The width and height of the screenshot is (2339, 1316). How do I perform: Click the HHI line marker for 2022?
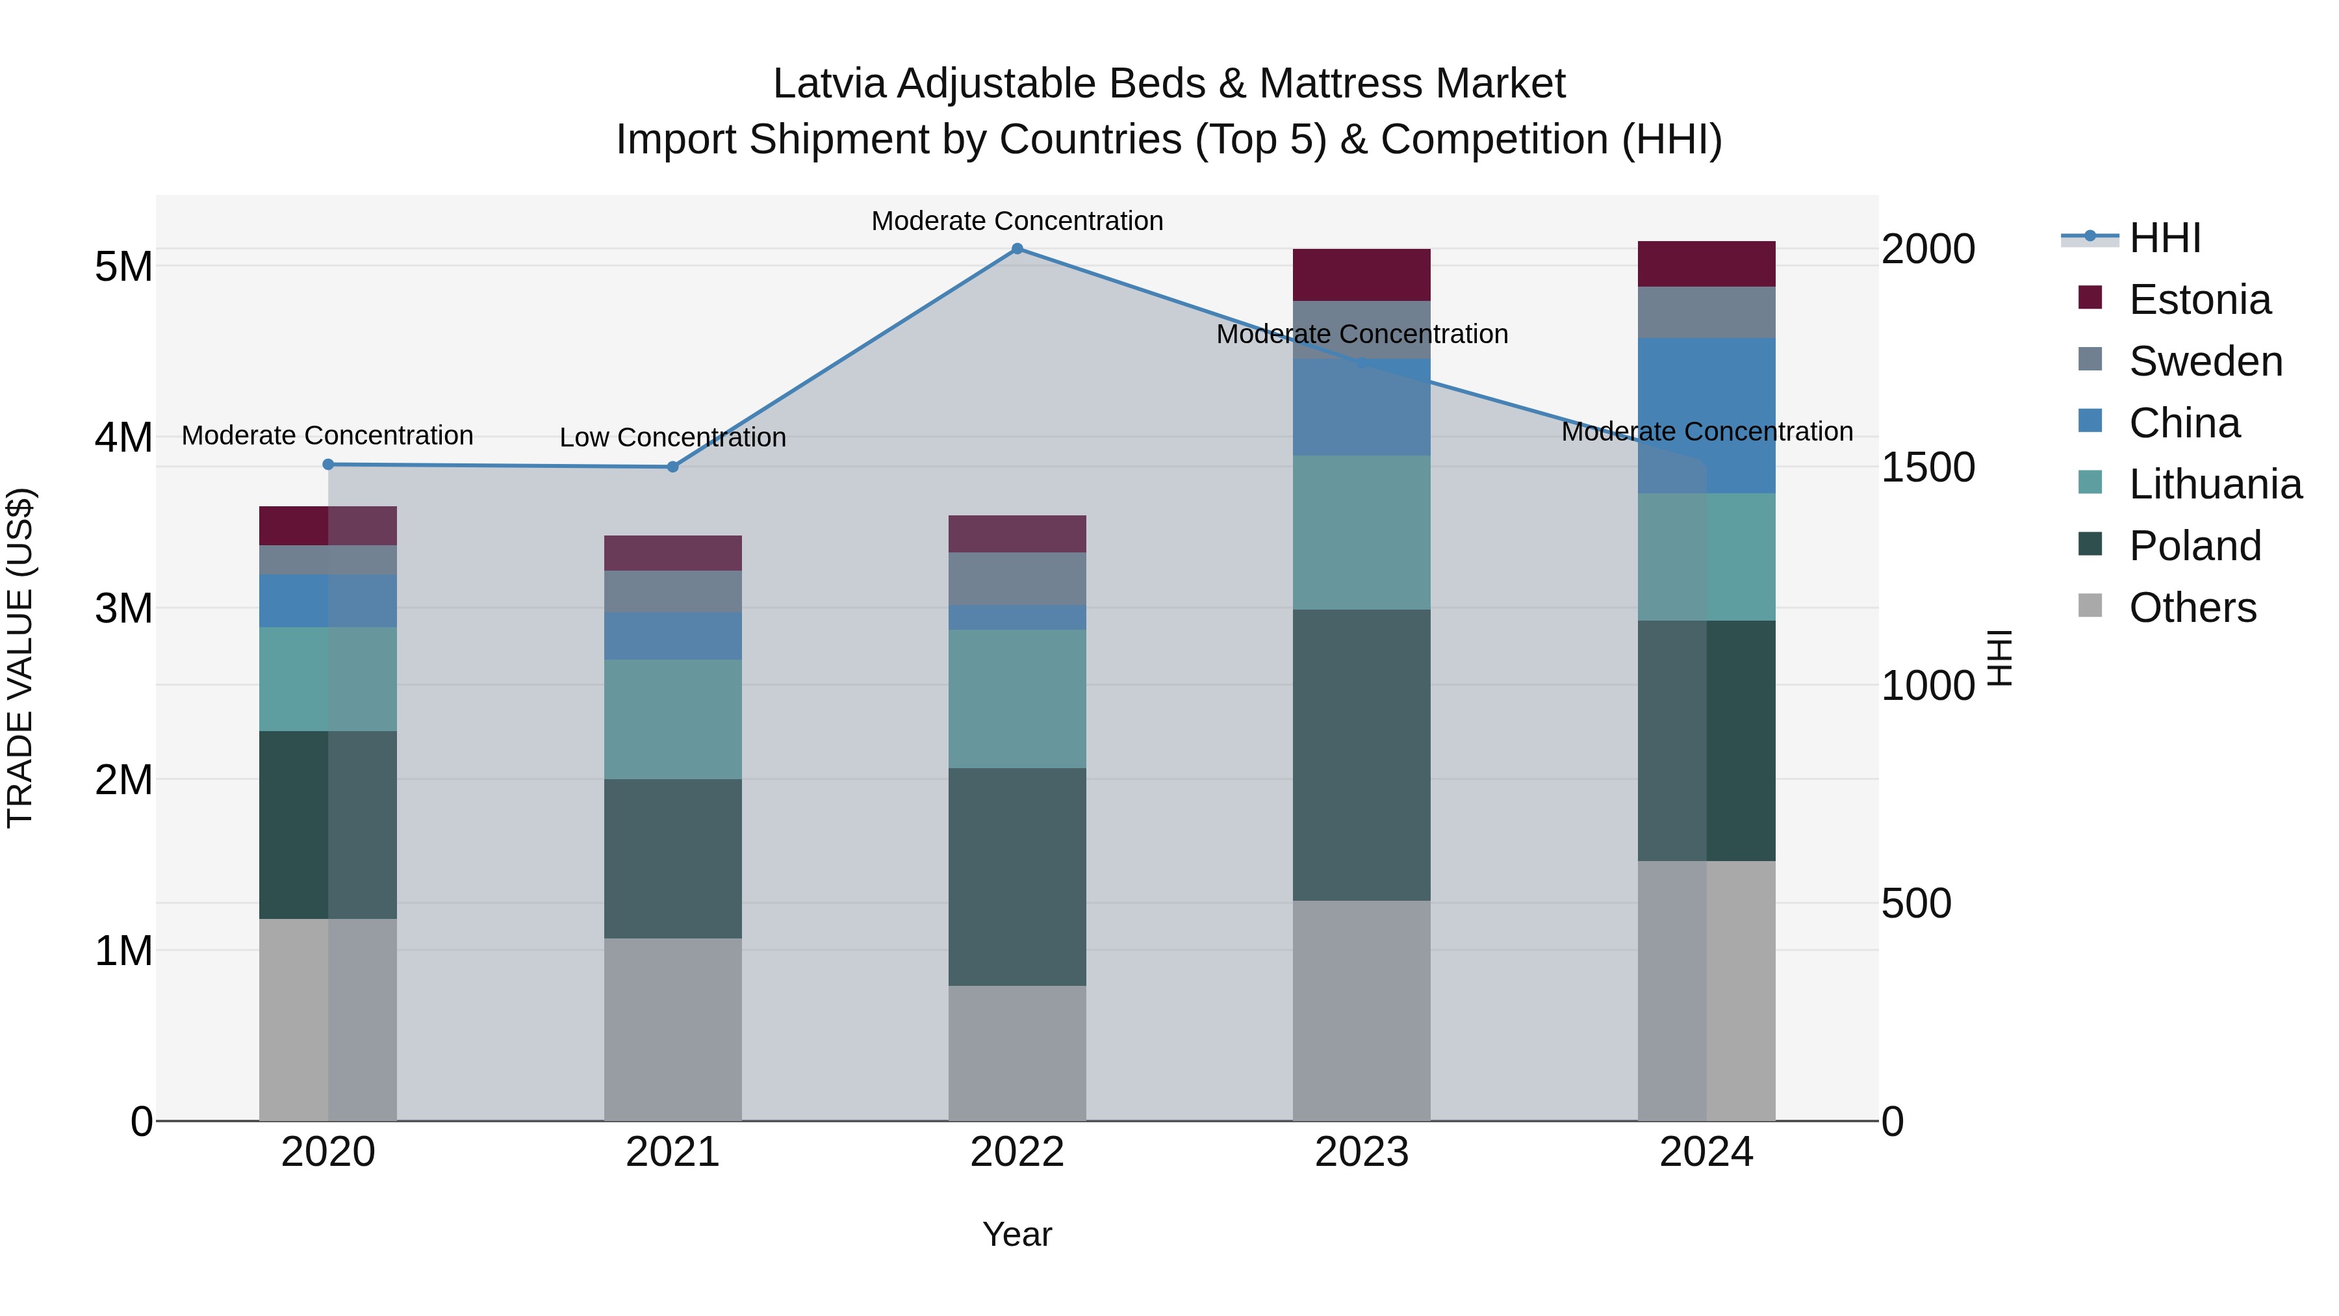coord(1017,249)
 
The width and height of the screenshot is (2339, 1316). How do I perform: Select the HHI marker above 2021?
coord(673,467)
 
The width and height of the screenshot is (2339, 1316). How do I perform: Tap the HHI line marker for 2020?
coord(329,464)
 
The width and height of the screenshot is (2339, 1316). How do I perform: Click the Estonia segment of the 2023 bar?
coord(1361,275)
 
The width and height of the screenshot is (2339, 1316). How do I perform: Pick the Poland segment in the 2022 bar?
coord(1017,877)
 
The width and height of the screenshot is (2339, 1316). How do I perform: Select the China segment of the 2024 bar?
coord(1706,415)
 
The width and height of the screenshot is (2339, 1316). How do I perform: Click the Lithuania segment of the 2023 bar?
coord(1361,532)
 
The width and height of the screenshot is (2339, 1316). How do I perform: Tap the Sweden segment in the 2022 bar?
coord(1017,578)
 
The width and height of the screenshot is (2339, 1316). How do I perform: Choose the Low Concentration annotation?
coord(673,438)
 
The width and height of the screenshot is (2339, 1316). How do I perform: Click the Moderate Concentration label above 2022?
coord(1017,222)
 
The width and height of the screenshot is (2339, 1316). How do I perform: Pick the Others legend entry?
coord(2192,608)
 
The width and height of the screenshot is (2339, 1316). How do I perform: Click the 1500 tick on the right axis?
coord(1928,468)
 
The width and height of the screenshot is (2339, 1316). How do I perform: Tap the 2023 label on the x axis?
coord(1361,1152)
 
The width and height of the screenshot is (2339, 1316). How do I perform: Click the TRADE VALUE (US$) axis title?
coord(20,658)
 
